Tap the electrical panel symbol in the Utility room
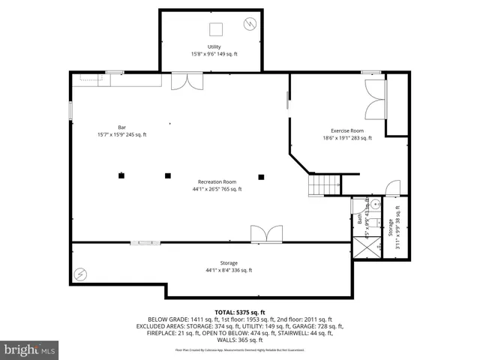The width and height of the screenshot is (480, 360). (x=248, y=25)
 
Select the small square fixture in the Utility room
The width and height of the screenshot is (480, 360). (x=214, y=29)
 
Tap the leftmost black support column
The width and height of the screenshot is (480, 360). (x=120, y=176)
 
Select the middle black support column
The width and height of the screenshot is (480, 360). (x=167, y=176)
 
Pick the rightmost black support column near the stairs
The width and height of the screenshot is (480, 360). (x=261, y=177)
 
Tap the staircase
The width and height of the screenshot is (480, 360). (x=325, y=184)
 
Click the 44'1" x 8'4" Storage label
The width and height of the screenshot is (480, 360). (x=229, y=267)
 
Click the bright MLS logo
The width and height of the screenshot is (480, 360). (x=30, y=349)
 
